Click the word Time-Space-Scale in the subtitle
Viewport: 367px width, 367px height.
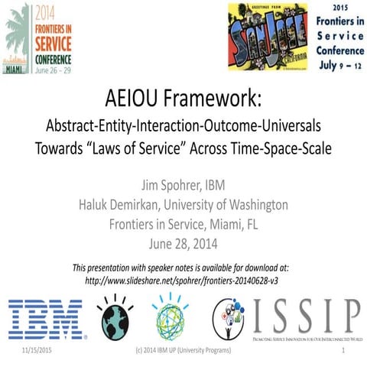284,148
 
